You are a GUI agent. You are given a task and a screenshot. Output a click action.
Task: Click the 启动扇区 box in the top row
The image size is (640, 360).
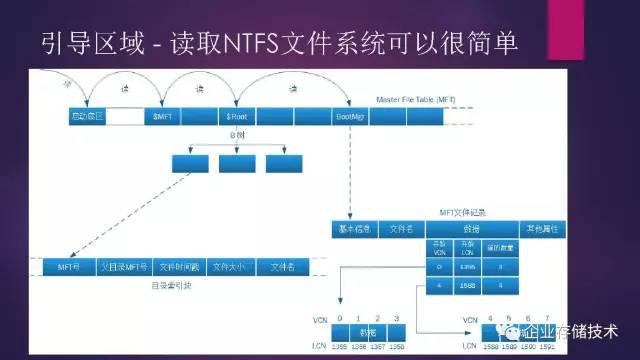[86, 116]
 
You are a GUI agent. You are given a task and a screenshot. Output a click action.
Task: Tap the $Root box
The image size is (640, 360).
[237, 116]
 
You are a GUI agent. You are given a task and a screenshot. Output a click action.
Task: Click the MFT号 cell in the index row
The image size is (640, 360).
[69, 267]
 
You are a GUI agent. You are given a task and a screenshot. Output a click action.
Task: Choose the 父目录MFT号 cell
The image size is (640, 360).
[123, 267]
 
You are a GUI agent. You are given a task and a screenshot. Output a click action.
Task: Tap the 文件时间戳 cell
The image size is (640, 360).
[179, 267]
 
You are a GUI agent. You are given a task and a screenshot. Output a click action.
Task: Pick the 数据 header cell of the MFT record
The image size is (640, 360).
[461, 229]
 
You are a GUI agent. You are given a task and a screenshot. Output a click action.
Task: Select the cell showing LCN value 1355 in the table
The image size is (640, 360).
[467, 267]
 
